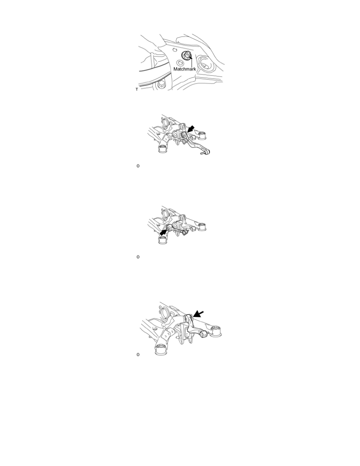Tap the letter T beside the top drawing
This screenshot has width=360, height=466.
(x=136, y=89)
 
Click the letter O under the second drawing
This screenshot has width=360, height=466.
(x=138, y=166)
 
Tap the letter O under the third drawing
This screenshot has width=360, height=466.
(x=138, y=257)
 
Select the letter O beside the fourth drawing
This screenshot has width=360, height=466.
(x=138, y=355)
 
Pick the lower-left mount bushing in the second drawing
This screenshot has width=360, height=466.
(x=162, y=148)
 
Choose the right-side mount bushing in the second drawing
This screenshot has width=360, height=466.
(x=203, y=135)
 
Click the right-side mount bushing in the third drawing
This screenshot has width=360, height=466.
(x=203, y=226)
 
